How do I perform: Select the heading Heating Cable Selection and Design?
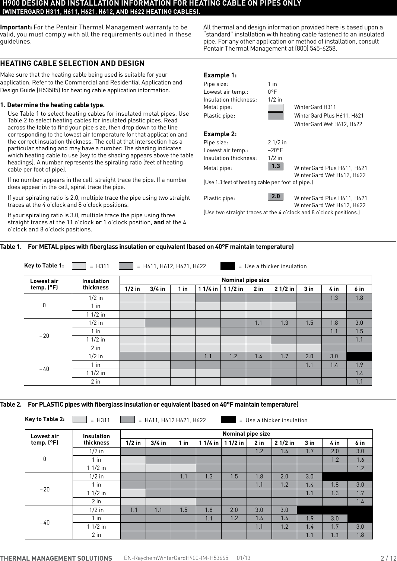(x=72, y=63)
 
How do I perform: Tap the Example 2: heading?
(x=220, y=134)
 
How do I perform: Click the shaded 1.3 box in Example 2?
(x=276, y=166)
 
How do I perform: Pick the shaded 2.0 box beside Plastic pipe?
(x=276, y=196)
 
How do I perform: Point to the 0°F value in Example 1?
(x=272, y=92)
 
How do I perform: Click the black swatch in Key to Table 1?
(x=228, y=266)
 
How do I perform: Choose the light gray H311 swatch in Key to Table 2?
(x=79, y=420)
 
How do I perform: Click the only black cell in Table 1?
(x=359, y=356)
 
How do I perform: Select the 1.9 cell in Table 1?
(x=359, y=365)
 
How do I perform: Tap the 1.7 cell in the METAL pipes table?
(x=284, y=356)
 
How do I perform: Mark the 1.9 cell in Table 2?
(x=309, y=518)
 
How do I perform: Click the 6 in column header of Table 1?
(x=359, y=289)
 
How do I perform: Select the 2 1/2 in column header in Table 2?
(x=284, y=443)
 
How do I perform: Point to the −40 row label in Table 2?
(x=44, y=522)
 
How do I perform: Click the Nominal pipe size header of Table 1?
(x=245, y=280)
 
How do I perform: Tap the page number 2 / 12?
(x=388, y=558)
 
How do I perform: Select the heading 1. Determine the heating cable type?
(x=53, y=105)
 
